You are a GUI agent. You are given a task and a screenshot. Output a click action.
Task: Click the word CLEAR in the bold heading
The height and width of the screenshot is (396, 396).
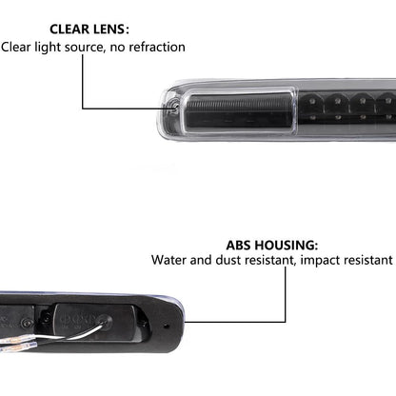click(x=69, y=30)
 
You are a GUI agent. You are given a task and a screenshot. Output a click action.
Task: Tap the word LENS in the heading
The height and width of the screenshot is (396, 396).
click(x=109, y=30)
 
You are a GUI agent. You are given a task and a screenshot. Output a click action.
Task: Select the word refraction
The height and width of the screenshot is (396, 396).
click(x=157, y=47)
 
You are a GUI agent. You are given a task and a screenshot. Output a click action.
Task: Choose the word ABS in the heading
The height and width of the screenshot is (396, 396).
click(x=239, y=246)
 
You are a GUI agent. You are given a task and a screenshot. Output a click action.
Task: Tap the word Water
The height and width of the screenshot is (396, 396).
click(x=168, y=260)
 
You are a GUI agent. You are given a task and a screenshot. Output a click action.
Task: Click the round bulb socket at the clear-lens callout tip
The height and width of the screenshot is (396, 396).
click(x=173, y=105)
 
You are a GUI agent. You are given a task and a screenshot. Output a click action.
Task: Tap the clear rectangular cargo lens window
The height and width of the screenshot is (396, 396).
click(x=240, y=109)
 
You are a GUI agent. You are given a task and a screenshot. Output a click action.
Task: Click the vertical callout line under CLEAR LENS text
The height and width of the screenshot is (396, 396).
click(x=83, y=82)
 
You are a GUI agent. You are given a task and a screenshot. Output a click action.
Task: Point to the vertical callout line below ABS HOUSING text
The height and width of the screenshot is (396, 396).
click(x=285, y=294)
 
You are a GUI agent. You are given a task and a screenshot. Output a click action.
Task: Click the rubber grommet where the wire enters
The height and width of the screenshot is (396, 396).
click(x=105, y=321)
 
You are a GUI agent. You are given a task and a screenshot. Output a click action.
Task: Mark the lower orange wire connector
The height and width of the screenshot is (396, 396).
click(x=18, y=347)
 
